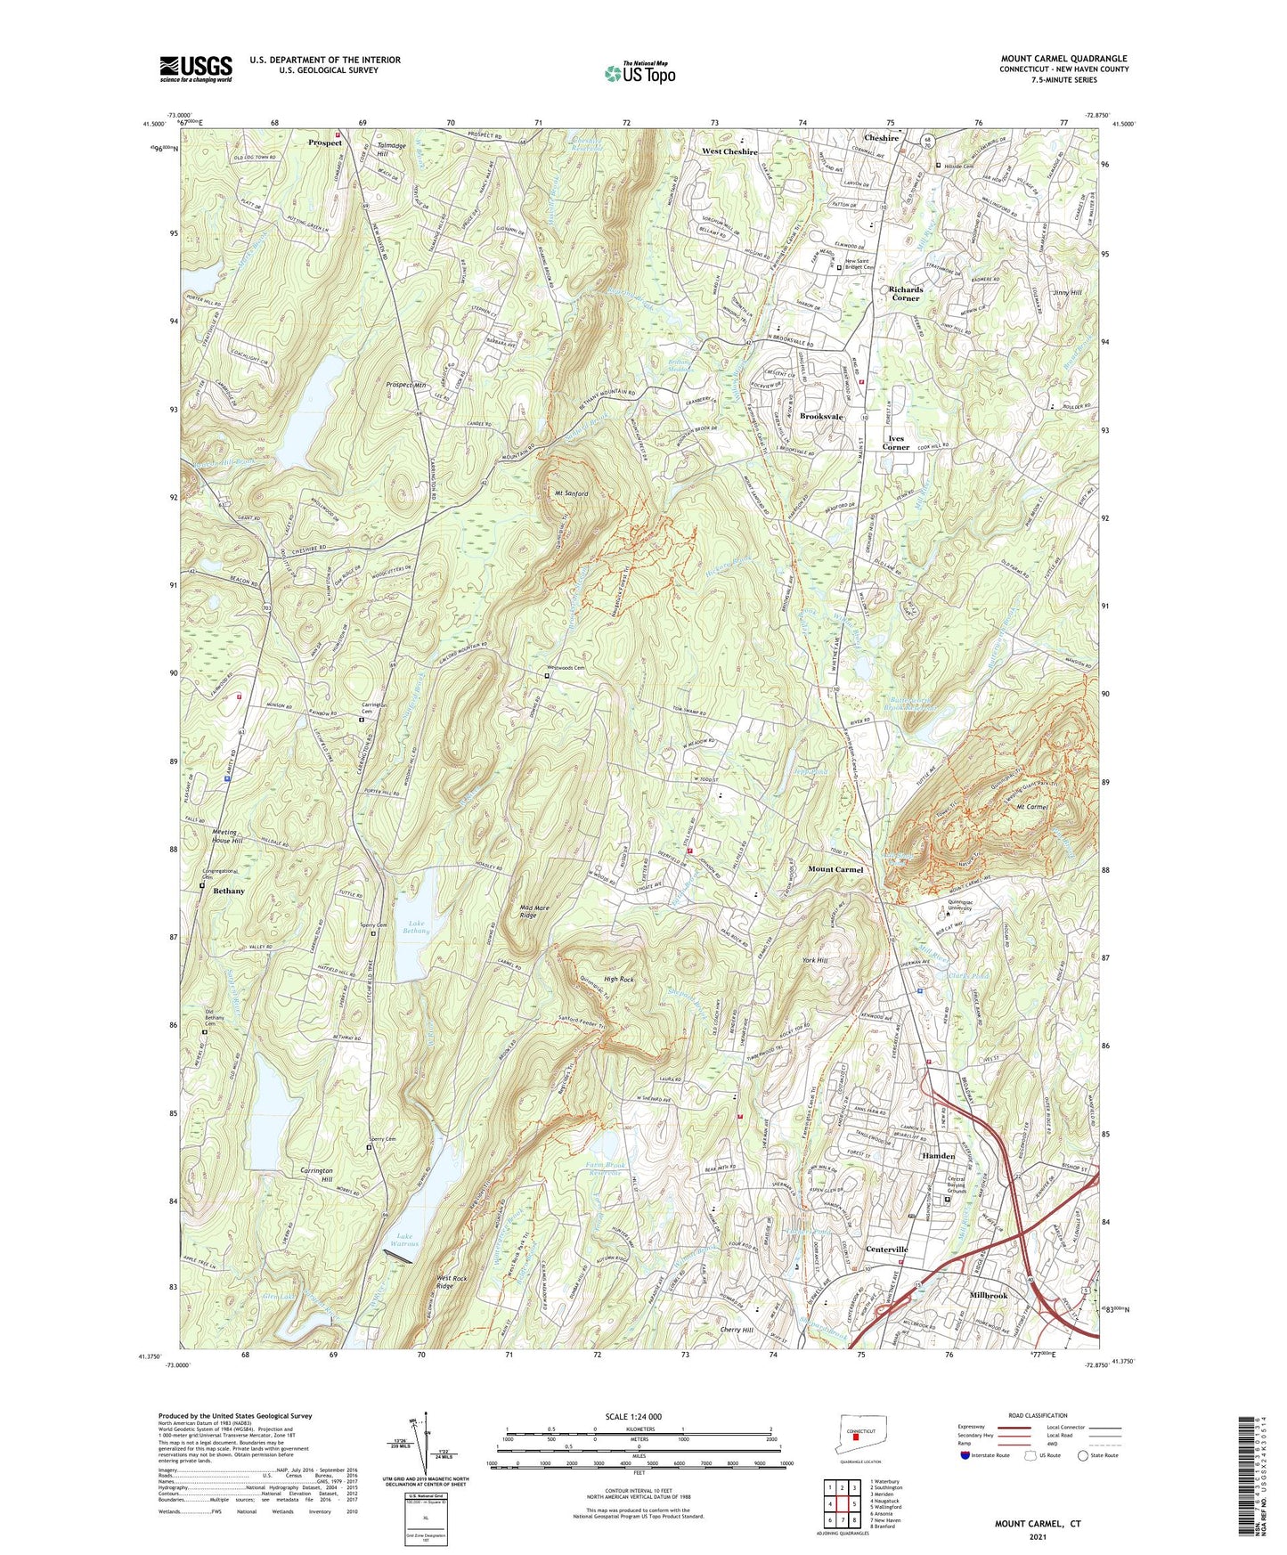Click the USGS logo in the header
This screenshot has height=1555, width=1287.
(196, 68)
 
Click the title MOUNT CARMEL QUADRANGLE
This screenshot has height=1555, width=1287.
(1063, 59)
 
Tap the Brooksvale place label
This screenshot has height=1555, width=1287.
(821, 417)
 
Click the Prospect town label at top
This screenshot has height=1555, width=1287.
(325, 142)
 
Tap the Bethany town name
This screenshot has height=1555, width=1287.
(229, 891)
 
